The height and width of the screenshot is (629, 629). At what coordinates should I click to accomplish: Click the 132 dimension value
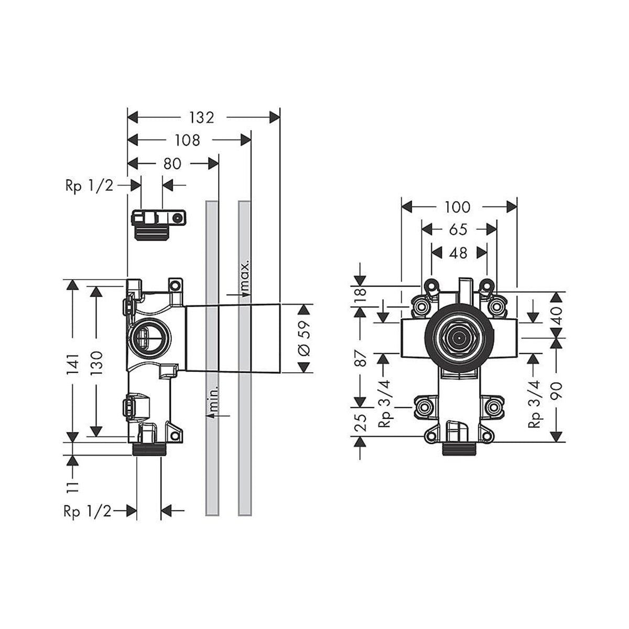point(202,117)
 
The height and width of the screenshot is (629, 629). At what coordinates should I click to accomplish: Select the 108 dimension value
point(188,140)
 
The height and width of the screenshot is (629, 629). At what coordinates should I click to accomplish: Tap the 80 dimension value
point(172,164)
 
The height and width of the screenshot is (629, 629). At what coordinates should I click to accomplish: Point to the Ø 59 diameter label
point(305,338)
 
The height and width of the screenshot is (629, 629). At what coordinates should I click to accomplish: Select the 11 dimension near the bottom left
point(73,485)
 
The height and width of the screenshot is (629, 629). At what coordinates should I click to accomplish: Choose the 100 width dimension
point(458,208)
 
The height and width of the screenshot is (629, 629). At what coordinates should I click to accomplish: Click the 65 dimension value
point(458,230)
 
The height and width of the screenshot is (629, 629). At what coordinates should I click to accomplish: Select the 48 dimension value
point(458,253)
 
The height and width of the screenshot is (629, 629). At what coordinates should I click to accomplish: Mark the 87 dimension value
point(360,362)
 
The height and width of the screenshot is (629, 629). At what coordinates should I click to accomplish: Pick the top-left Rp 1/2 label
point(89,186)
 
